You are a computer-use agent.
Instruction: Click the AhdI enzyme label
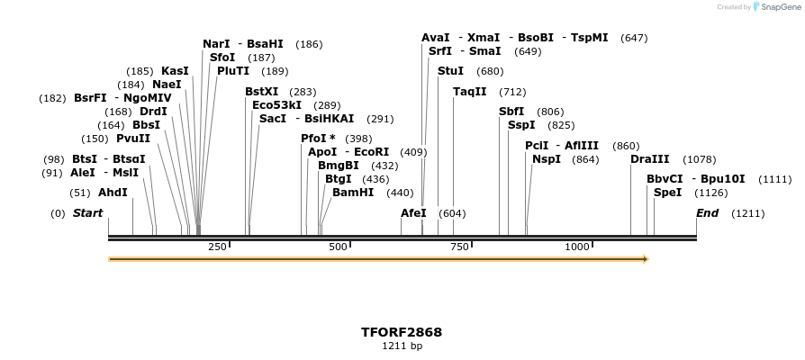tap(113, 193)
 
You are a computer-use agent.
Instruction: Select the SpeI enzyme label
tap(667, 193)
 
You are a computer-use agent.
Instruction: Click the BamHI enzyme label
tap(353, 193)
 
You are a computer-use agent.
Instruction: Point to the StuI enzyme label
tap(450, 71)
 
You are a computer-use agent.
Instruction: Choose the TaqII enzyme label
tap(469, 92)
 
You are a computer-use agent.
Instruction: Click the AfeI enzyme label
tap(413, 213)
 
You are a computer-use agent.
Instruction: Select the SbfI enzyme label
tap(511, 112)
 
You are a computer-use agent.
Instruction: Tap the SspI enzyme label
tap(521, 125)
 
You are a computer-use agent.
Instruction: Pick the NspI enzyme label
tap(547, 159)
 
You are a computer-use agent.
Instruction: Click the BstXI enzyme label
tap(262, 92)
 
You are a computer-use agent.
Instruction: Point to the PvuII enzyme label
tap(133, 139)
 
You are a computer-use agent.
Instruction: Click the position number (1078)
tap(700, 159)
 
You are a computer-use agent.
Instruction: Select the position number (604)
tap(452, 213)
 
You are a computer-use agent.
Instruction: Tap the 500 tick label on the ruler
tap(338, 247)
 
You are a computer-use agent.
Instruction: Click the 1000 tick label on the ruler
tap(577, 247)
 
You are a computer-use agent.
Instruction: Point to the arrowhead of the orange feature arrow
tap(644, 259)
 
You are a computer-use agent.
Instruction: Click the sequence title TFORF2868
tap(402, 332)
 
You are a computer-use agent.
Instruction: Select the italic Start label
tap(87, 213)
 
